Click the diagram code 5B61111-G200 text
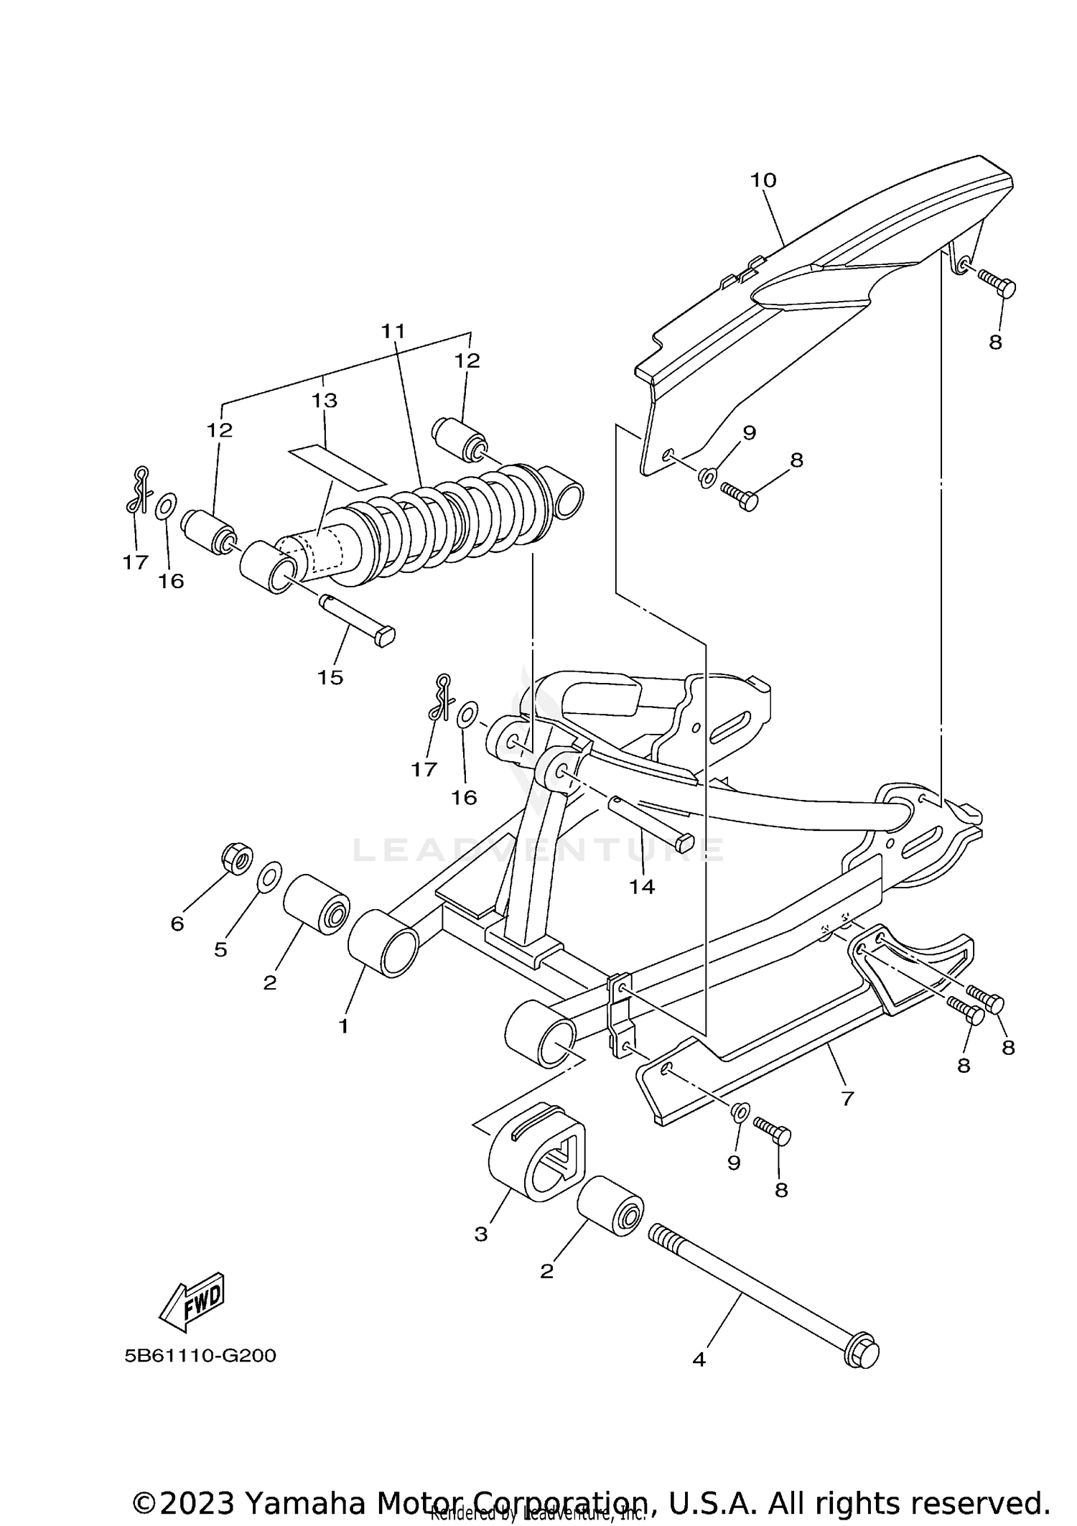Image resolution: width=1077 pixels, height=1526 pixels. point(200,1356)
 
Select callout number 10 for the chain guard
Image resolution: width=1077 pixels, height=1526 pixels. point(763,180)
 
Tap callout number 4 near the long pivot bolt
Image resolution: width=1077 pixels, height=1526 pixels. point(699,1359)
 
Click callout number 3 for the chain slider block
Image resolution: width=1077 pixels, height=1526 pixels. point(480,1234)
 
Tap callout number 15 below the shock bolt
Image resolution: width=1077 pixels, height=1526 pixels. point(330,677)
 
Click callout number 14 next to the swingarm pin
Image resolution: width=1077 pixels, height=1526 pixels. point(642,887)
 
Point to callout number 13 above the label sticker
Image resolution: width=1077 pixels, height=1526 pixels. point(325,401)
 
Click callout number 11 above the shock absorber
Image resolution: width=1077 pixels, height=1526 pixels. point(393,331)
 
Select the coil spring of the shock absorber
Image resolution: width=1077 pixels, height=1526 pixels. point(460,517)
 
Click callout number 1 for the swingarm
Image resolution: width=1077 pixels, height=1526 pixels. point(343,1026)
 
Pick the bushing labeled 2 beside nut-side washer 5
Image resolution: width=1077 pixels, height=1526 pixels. point(316,905)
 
